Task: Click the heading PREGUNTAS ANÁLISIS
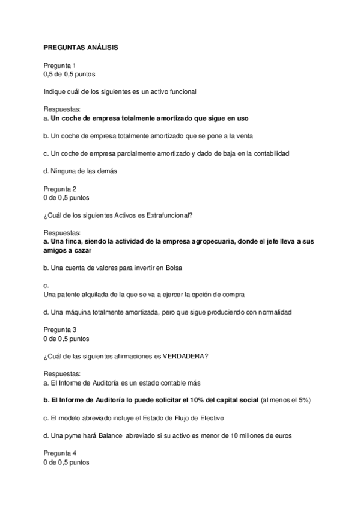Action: coord(81,47)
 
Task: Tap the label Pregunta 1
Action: coord(59,65)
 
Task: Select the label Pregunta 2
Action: coord(59,188)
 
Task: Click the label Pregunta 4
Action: coord(59,453)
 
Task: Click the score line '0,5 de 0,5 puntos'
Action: coord(69,74)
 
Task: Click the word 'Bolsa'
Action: coord(173,268)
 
